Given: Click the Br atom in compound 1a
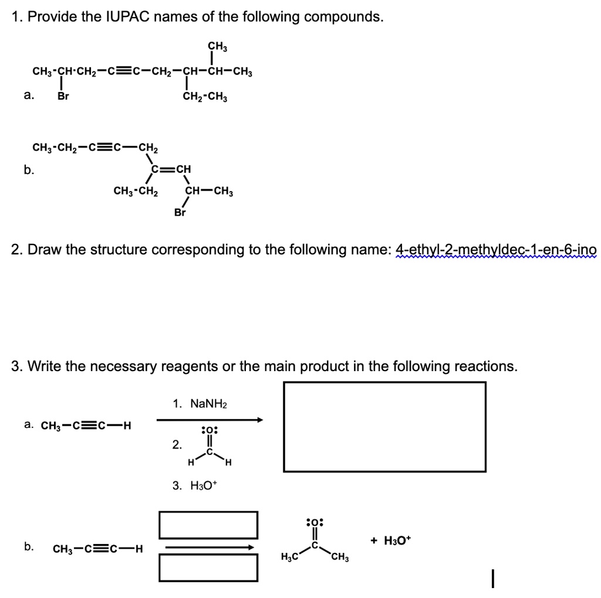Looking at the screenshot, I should click(63, 97).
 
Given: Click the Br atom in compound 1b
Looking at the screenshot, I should click(180, 213).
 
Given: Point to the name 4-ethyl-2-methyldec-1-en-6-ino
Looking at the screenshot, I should click(496, 251).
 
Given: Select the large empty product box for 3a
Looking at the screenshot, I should click(384, 426).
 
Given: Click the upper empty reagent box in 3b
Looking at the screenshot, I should click(208, 525).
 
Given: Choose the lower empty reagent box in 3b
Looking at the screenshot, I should click(208, 568).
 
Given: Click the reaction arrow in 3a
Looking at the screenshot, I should click(209, 420).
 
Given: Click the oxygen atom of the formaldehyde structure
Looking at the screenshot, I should click(209, 431).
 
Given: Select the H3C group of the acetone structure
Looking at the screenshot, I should click(289, 557).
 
